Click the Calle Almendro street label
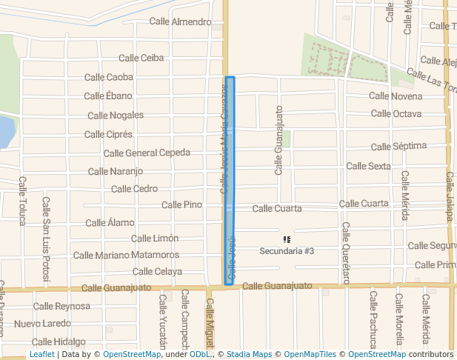[180, 21]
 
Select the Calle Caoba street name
[108, 77]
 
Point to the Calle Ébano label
[107, 96]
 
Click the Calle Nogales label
[116, 115]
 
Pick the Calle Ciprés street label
[108, 134]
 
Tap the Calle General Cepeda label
[147, 153]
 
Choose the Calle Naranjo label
[115, 172]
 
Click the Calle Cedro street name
[134, 189]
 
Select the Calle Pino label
[181, 205]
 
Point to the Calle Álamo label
[110, 223]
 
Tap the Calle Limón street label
[154, 239]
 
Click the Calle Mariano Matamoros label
[126, 256]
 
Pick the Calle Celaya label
[157, 272]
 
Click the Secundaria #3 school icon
[287, 239]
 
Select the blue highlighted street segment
[229, 181]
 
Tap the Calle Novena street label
[396, 96]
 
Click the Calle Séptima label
[398, 147]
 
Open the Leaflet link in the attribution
[41, 355]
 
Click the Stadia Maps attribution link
[248, 355]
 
